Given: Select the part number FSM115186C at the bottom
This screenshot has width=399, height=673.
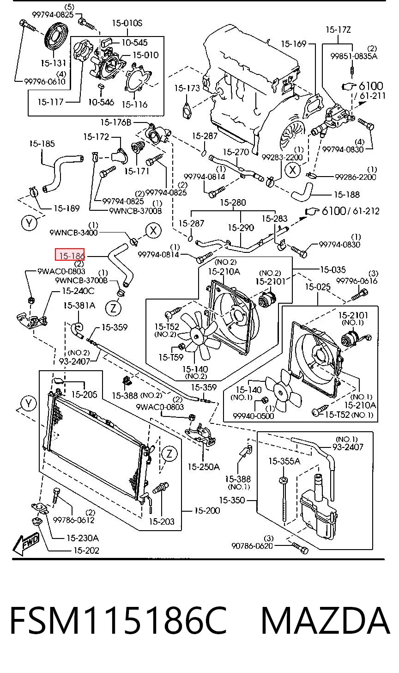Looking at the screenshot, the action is point(118,620).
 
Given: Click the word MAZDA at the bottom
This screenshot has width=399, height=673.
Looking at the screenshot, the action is point(326,620).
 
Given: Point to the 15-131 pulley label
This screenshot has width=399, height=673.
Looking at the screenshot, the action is point(53,63).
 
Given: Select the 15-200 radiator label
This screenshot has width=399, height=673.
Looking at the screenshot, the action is point(207,510).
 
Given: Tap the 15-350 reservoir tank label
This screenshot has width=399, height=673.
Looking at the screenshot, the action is point(232,500).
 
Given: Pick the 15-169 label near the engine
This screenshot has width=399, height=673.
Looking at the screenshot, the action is point(293,44).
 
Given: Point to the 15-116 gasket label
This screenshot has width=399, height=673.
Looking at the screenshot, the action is point(134,104).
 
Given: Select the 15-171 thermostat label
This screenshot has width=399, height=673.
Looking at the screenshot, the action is point(137,171).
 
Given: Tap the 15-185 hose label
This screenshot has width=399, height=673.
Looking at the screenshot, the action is point(42,144).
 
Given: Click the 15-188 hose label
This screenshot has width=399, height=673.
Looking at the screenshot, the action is point(347,195).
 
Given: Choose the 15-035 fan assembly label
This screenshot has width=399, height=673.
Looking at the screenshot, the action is point(332,269).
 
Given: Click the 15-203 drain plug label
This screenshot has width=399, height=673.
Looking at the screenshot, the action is point(162,521).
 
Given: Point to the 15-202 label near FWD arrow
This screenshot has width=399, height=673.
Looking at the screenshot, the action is point(86,550).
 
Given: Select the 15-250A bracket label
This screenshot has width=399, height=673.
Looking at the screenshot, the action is point(204,466).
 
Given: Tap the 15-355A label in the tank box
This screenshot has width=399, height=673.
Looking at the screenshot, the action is point(284,461).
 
